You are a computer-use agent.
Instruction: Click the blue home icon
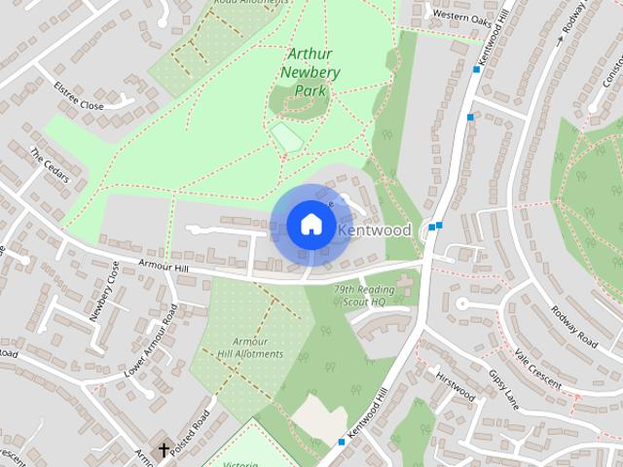click(x=311, y=225)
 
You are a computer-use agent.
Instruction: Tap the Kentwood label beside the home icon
click(x=376, y=230)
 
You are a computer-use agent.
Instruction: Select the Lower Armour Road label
click(x=152, y=341)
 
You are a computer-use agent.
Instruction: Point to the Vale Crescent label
click(x=537, y=370)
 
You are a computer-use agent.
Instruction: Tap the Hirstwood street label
click(x=456, y=385)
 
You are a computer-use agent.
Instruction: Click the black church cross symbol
click(x=164, y=450)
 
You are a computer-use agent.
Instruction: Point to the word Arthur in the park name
click(x=311, y=54)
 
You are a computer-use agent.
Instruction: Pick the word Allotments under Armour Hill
click(x=251, y=354)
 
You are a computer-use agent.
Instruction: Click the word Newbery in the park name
click(x=309, y=73)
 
